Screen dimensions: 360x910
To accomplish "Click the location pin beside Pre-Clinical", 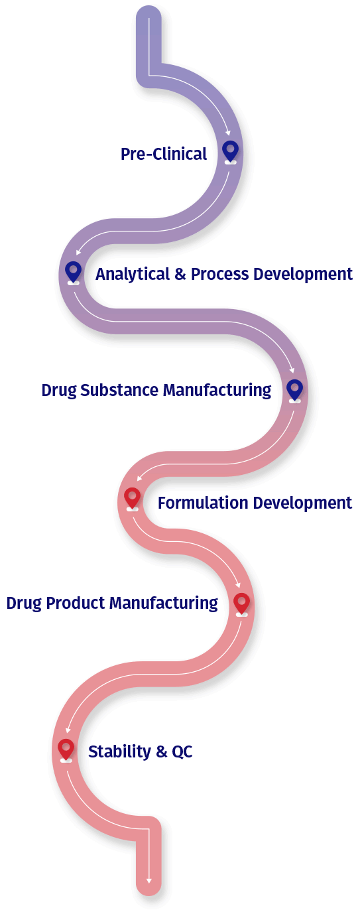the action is pos(230,151).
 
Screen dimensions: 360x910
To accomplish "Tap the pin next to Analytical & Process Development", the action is pos(73,272).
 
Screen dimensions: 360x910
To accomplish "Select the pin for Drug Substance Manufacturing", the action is pos(294,390).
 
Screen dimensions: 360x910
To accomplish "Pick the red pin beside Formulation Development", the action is pos(133,498).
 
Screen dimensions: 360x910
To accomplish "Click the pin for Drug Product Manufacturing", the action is pos(241,604).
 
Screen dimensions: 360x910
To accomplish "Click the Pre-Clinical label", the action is pos(164,155).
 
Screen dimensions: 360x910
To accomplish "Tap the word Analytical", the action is pos(133,274).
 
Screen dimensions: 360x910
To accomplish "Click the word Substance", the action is pos(119,390).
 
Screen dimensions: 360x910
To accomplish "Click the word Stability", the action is pos(120,752).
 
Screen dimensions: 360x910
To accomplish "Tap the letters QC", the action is pos(182,752).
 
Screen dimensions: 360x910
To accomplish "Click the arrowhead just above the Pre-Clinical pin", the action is pos(228,133).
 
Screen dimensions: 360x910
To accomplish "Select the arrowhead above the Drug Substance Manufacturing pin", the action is pos(292,371).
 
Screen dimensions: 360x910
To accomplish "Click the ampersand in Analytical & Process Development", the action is pos(180,274).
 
